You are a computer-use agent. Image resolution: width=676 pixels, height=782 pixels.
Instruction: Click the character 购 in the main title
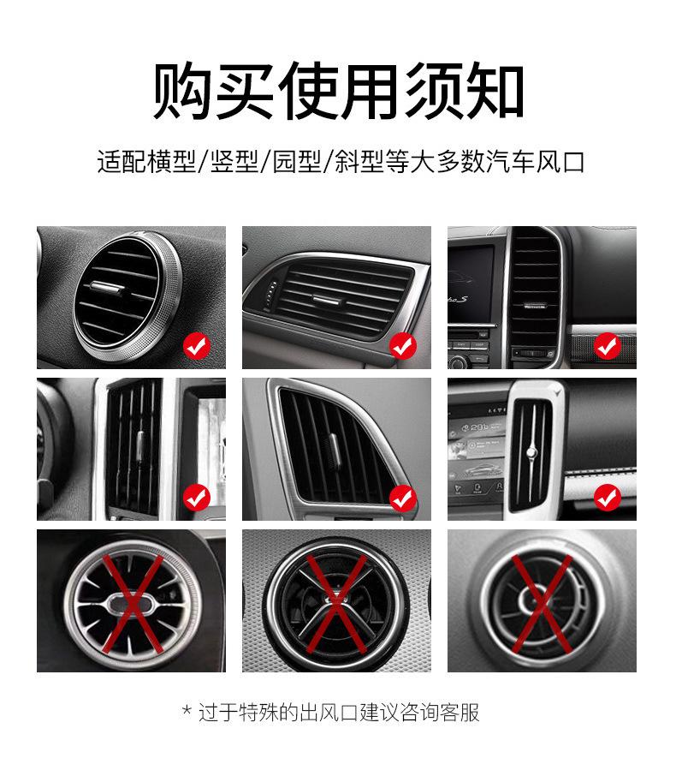[181, 91]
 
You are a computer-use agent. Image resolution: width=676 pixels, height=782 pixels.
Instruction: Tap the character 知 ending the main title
[494, 91]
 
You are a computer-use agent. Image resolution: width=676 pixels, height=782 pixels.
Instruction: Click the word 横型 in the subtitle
[171, 162]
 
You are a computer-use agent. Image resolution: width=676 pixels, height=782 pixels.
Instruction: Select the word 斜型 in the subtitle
[359, 162]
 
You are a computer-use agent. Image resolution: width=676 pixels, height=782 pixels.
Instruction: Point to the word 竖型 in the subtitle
[234, 162]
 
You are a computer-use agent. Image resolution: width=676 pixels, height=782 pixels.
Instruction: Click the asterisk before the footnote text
[187, 710]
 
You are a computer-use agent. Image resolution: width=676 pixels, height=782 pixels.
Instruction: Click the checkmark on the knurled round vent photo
[197, 345]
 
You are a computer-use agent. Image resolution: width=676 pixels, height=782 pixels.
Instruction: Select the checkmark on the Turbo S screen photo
[608, 345]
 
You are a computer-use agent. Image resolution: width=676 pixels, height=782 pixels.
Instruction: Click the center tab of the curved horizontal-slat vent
[326, 299]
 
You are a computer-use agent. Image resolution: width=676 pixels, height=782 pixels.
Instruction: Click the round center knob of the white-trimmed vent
[532, 452]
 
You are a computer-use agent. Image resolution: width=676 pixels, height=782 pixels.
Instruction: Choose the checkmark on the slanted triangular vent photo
[402, 498]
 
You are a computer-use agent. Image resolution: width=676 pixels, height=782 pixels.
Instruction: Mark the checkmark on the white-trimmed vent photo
[608, 498]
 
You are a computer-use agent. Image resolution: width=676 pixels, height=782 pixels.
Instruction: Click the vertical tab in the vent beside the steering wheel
[140, 445]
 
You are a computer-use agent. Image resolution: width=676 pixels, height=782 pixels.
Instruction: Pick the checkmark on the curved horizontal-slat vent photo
[402, 345]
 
